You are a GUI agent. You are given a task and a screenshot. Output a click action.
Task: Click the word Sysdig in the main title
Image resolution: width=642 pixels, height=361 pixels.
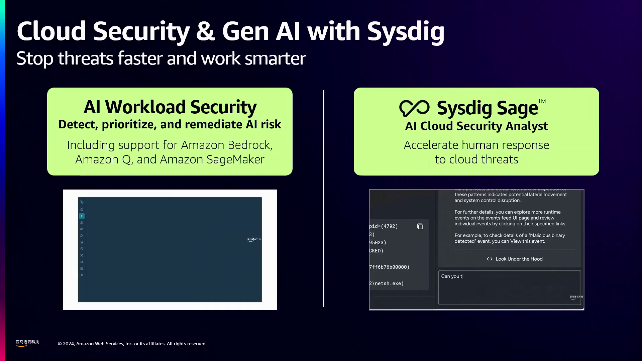[406, 32]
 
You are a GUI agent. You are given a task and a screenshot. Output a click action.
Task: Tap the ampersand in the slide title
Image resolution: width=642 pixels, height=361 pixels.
[205, 32]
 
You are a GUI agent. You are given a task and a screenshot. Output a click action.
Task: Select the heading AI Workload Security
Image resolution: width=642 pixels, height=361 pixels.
[170, 107]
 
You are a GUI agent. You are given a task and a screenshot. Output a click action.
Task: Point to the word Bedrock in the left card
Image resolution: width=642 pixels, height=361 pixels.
[250, 145]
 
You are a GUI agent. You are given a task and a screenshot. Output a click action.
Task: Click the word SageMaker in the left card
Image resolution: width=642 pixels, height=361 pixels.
[235, 159]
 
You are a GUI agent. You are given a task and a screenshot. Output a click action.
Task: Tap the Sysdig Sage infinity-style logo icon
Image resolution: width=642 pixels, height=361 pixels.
[414, 108]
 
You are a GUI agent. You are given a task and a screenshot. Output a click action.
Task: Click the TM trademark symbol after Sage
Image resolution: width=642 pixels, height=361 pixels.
[542, 101]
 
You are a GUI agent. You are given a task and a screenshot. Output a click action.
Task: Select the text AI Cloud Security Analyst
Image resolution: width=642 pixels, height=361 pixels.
[476, 126]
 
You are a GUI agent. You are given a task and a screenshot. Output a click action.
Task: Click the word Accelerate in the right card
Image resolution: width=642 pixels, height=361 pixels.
[431, 145]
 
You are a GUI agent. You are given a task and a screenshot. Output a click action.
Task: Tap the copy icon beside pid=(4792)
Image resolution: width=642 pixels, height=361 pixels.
[420, 227]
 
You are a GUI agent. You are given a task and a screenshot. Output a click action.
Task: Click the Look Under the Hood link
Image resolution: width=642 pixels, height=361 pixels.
[519, 259]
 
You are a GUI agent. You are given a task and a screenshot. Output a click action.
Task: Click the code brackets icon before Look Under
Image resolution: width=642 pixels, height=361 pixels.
[490, 259]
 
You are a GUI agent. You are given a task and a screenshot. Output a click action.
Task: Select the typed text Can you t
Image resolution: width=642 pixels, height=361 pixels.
[452, 276]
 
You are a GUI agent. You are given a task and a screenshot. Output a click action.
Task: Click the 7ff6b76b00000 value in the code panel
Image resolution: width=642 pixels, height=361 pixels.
[389, 267]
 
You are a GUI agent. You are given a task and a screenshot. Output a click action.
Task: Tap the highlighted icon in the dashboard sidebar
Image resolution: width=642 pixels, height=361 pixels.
[82, 216]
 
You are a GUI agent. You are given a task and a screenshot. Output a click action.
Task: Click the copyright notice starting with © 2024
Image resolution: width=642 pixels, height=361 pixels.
[132, 344]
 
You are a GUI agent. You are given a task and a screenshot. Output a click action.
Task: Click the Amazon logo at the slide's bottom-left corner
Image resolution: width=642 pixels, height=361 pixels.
[27, 343]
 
